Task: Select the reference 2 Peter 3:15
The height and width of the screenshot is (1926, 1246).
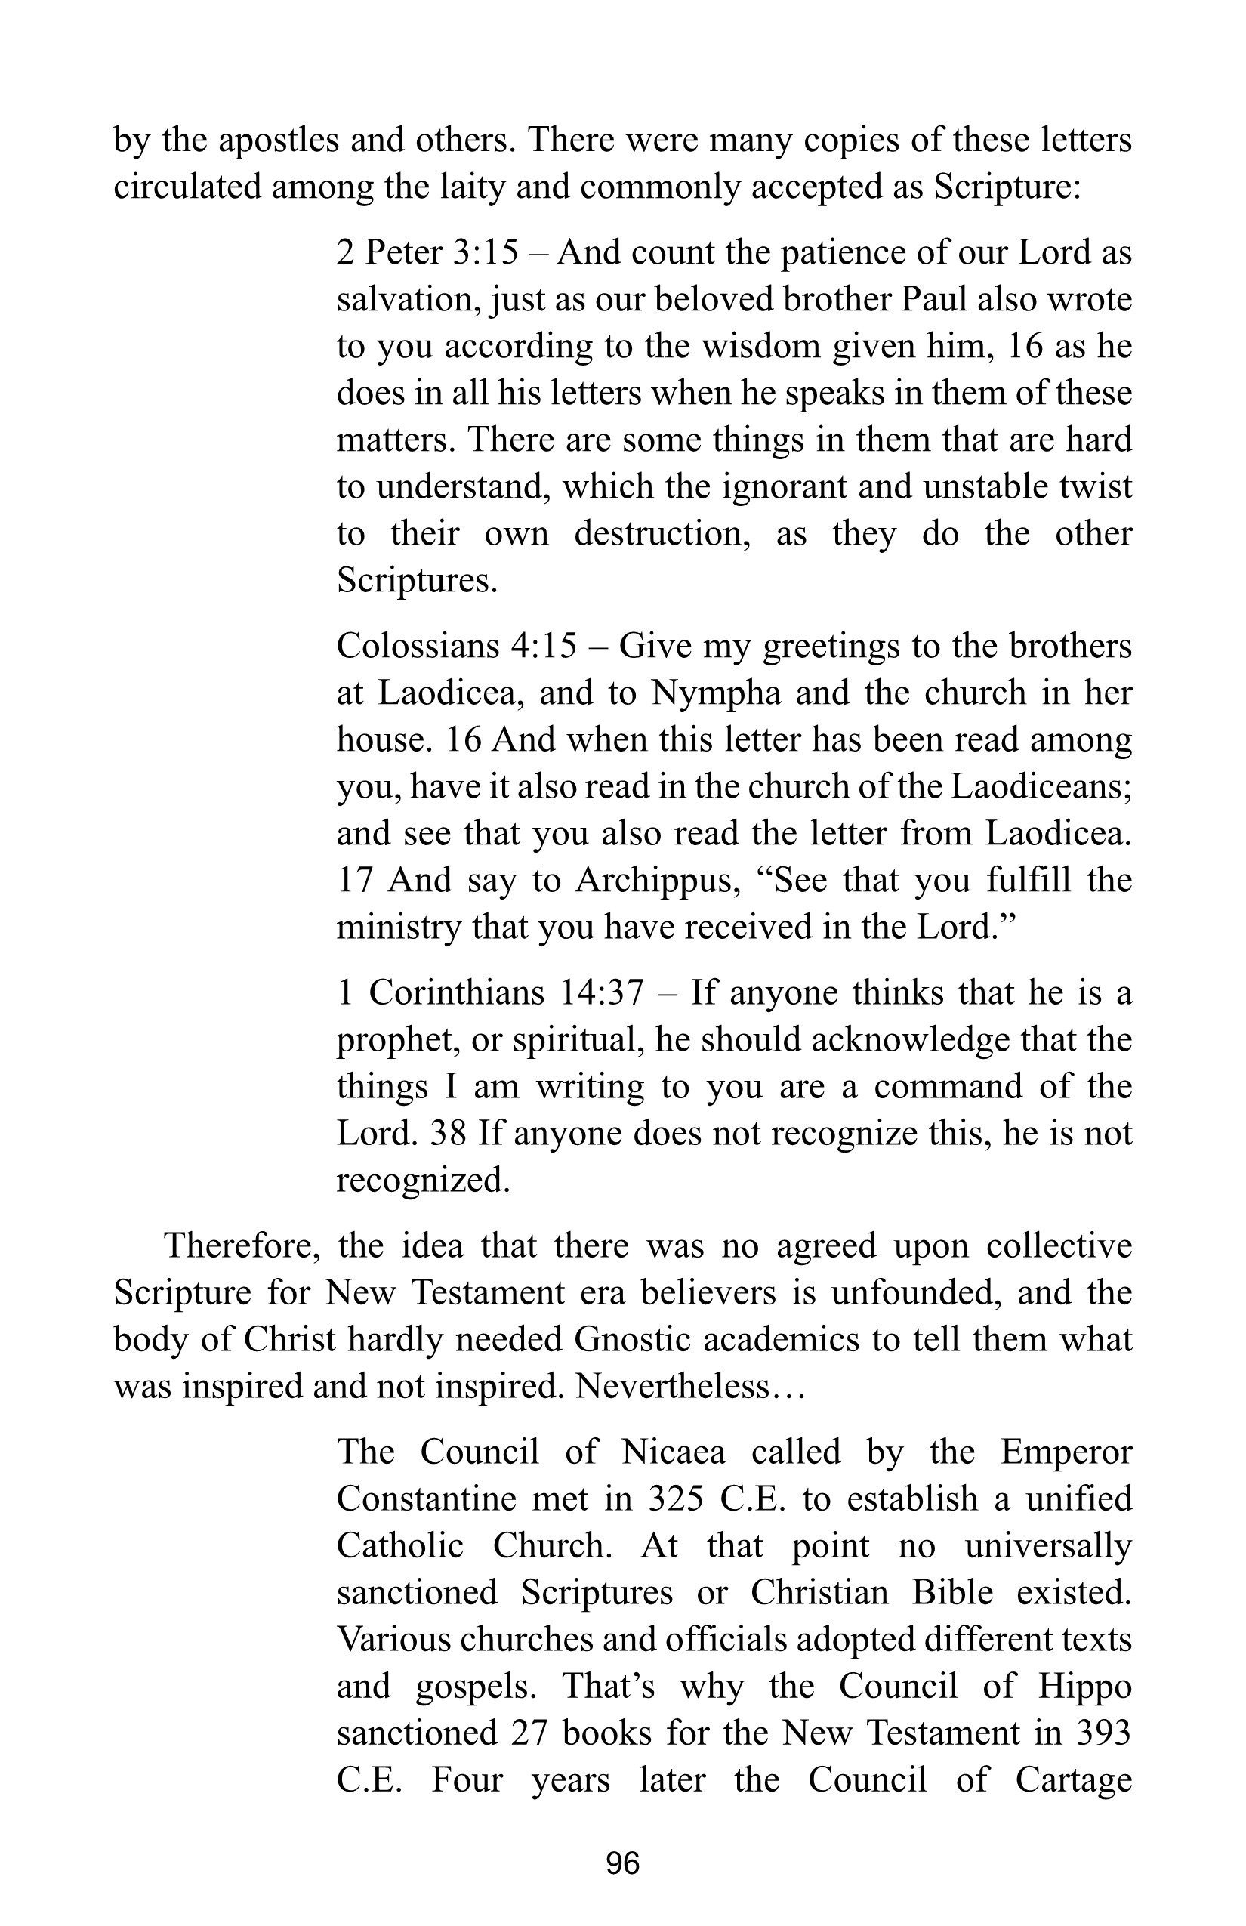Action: click(427, 253)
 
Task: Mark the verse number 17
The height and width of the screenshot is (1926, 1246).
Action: click(354, 881)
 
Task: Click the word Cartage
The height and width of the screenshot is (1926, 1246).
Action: click(1074, 1780)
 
